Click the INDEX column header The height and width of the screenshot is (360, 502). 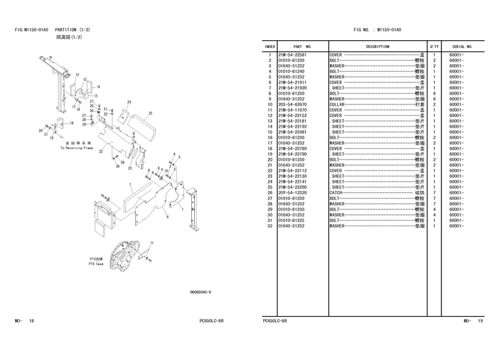pos(270,46)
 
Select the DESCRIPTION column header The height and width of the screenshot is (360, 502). pos(377,46)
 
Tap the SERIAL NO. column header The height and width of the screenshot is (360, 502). pos(462,46)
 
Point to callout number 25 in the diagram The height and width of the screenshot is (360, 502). pos(151,113)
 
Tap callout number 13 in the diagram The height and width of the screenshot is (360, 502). pos(77,74)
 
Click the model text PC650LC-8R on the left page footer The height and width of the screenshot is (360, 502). pos(212,322)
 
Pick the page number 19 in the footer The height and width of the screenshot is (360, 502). pos(480,322)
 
